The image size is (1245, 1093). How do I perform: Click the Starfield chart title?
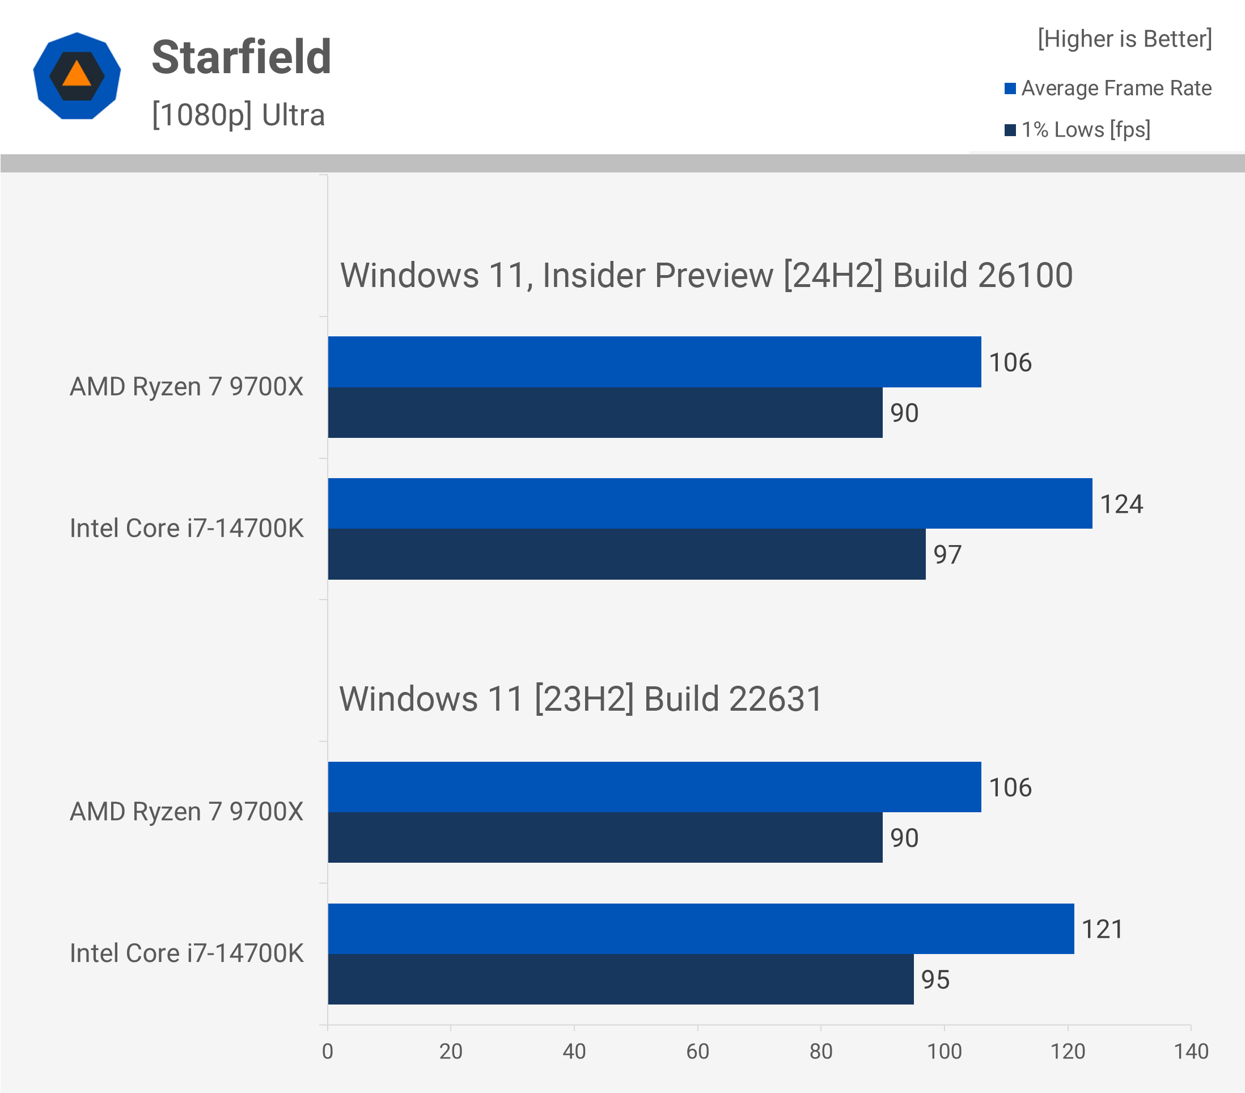pos(241,57)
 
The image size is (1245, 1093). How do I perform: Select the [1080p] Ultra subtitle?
pos(238,115)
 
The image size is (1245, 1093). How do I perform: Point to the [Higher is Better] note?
pos(1124,39)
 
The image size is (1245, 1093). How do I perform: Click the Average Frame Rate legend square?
pos(1010,89)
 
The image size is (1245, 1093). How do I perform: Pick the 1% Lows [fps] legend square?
pos(1010,130)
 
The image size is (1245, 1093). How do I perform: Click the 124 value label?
pos(1121,504)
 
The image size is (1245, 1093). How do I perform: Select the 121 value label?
pos(1102,930)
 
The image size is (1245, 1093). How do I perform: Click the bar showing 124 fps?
pos(710,504)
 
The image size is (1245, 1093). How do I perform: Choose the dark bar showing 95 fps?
pos(621,980)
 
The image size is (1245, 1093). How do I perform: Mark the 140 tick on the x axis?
pos(1191,1052)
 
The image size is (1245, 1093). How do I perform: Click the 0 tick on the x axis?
pos(328,1052)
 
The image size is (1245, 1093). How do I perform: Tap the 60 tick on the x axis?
pos(697,1052)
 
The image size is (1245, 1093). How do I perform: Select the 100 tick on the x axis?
pos(944,1052)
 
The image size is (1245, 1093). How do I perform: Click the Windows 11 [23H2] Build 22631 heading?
pos(581,699)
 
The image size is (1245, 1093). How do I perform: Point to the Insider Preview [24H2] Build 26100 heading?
pos(706,276)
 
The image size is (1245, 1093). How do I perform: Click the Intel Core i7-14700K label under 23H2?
pos(187,953)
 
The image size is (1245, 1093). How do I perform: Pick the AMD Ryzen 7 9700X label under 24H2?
pos(187,387)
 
